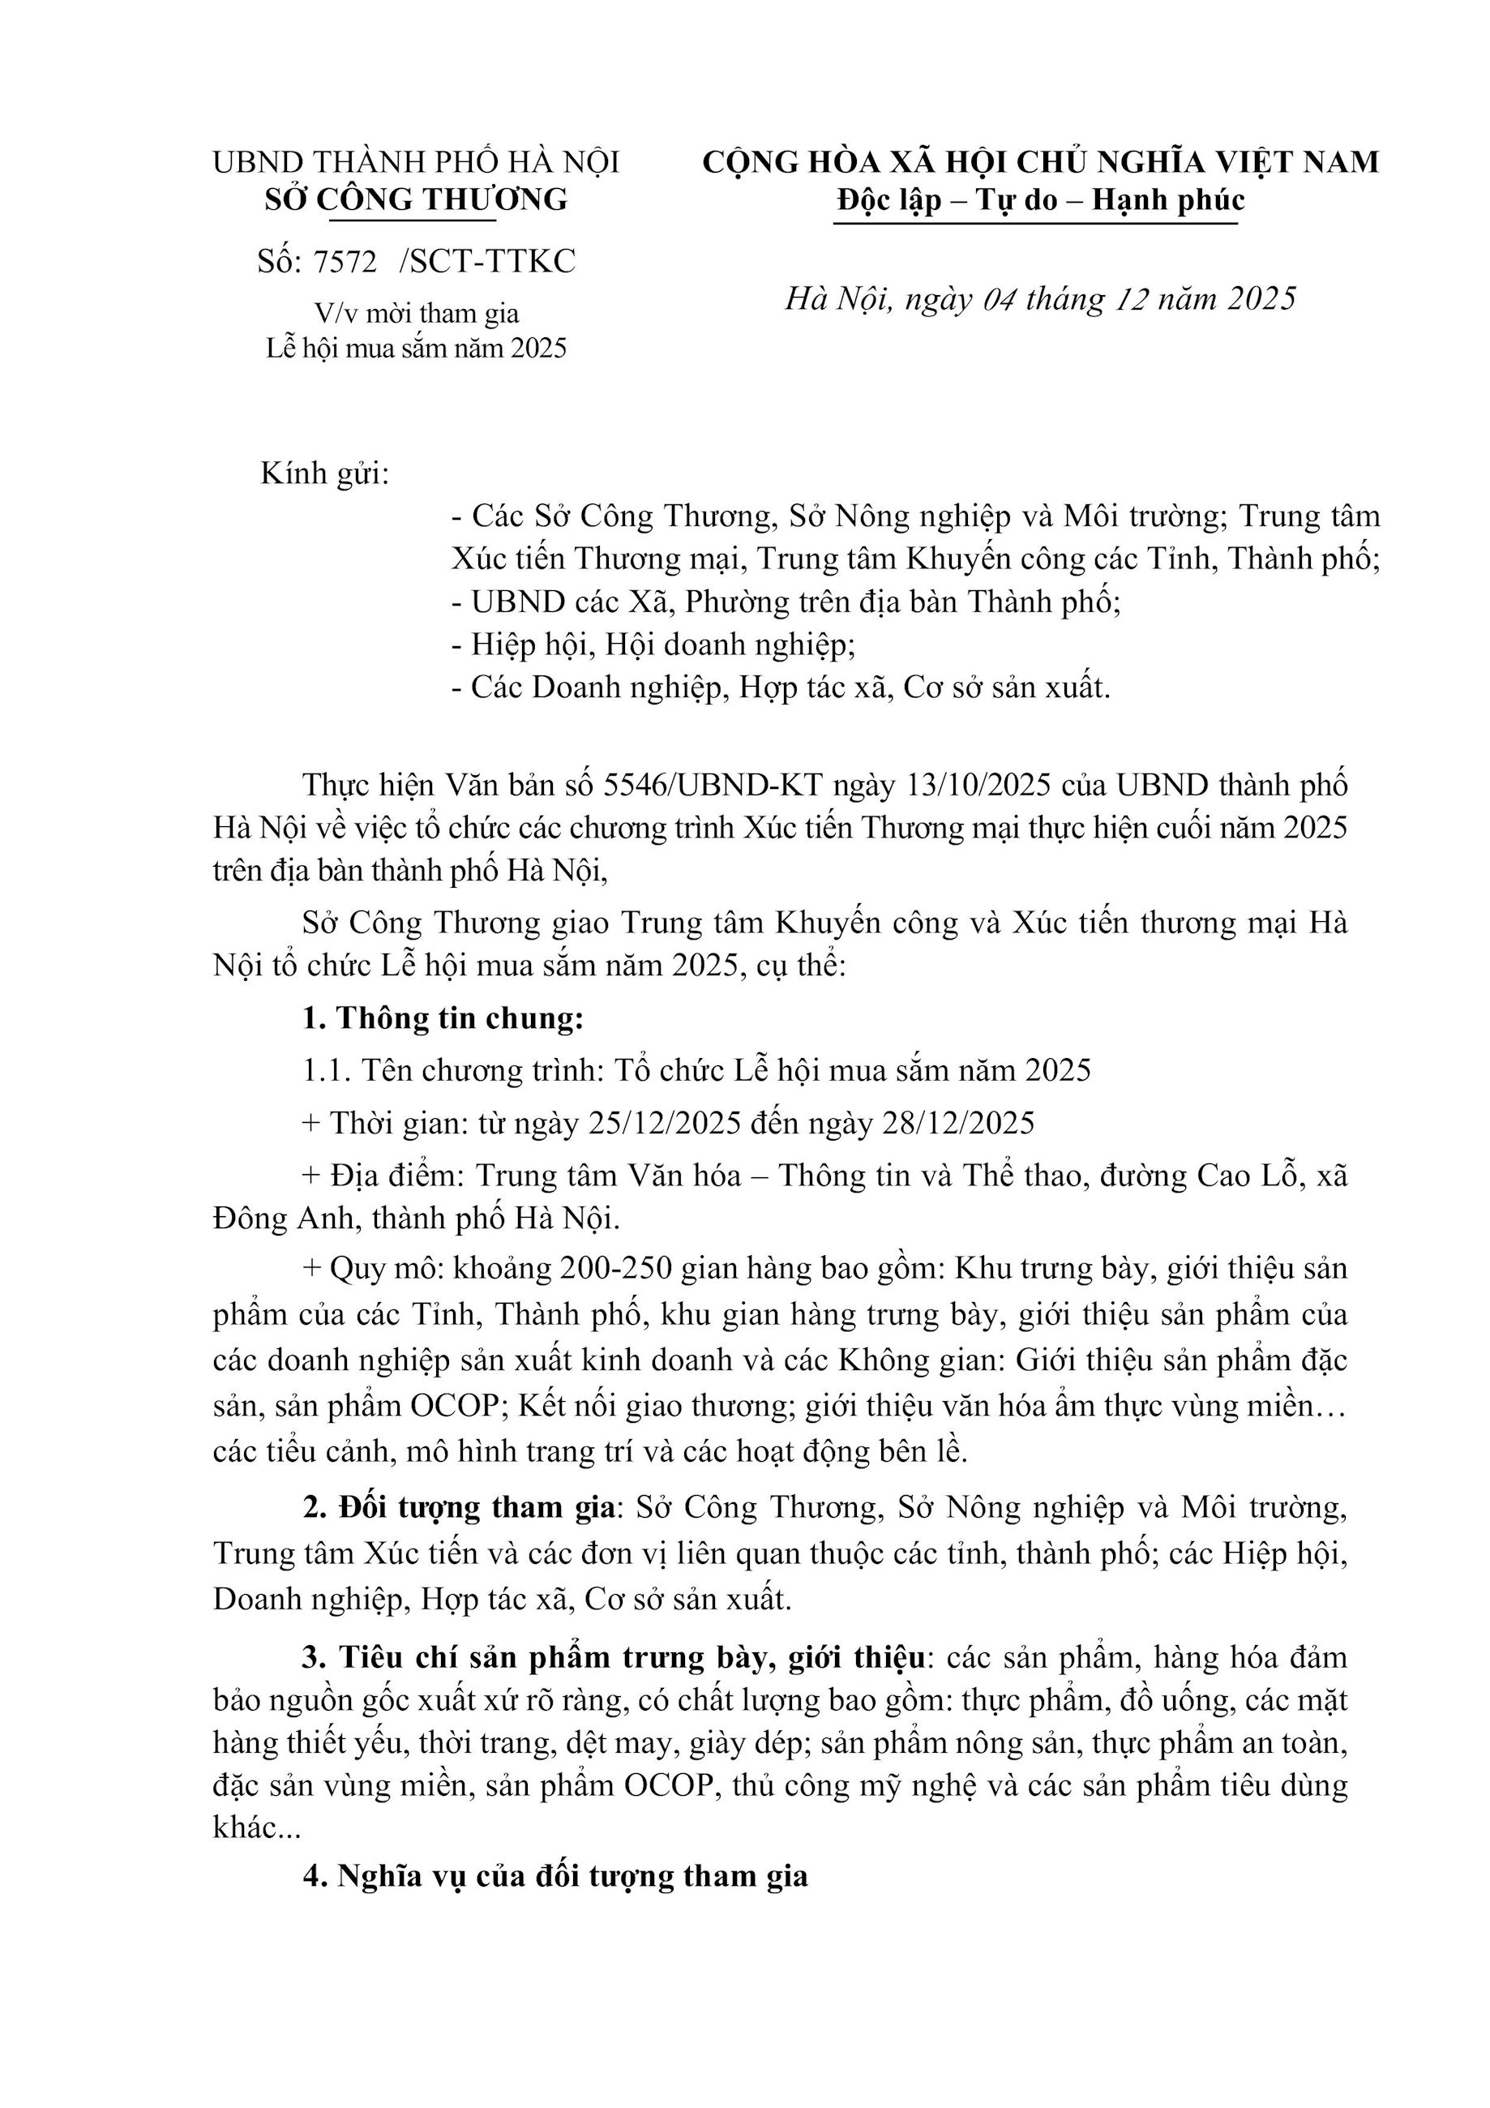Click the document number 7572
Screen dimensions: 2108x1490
345,263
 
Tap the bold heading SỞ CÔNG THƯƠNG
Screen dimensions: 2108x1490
416,199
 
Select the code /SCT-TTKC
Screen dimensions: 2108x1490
487,263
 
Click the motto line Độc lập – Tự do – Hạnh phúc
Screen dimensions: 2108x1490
1040,199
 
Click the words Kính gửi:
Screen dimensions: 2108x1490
325,473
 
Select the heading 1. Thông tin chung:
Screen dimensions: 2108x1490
443,1019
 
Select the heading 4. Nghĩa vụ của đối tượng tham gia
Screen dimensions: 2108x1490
555,1874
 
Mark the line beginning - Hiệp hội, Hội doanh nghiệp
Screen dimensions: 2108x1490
653,645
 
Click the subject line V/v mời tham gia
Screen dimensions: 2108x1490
417,314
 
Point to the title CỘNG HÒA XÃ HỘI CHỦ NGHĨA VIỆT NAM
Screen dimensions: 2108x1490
1040,161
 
